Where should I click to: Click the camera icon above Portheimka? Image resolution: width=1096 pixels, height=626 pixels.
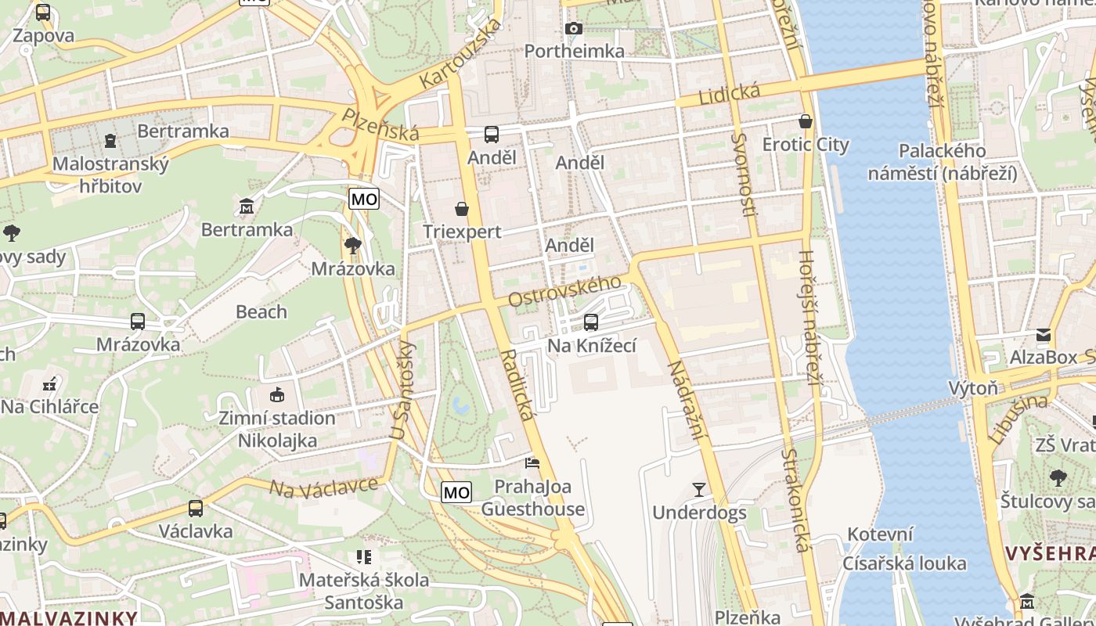pos(574,29)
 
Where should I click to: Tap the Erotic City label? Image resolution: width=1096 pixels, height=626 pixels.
pos(806,145)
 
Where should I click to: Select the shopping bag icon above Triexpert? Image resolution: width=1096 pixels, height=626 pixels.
pos(462,209)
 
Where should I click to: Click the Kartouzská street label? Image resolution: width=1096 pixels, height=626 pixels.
pos(460,54)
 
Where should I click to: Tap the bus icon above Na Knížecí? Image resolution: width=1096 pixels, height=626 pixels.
pos(591,322)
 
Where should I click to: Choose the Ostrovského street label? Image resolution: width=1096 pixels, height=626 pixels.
pos(565,290)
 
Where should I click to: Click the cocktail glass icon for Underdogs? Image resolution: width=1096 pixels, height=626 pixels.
pos(699,490)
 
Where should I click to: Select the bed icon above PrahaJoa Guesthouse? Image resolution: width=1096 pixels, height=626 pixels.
pos(532,463)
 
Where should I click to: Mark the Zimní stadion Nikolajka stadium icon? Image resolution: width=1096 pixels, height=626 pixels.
pos(276,395)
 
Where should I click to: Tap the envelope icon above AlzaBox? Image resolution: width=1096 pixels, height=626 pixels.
pos(1044,335)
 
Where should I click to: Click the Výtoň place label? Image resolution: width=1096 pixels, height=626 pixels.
pos(973,388)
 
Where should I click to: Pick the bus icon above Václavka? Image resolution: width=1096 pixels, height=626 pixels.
pos(196,508)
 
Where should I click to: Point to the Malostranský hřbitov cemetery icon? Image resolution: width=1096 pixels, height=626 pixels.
pos(110,141)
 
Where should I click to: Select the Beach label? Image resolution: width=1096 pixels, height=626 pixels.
pos(261,311)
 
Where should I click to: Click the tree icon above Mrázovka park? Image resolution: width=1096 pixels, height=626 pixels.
pos(353,246)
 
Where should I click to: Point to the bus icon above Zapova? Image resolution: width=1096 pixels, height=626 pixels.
pos(43,13)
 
